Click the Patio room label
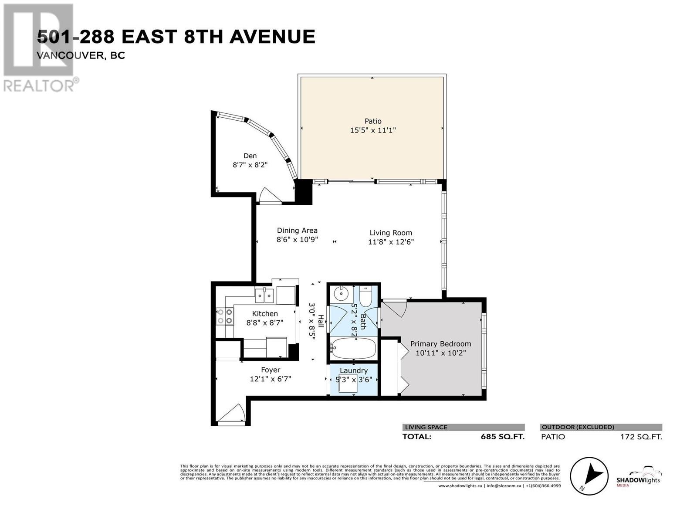pos(373,121)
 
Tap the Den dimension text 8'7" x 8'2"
pos(250,165)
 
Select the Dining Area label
pos(297,231)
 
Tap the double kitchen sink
pos(264,296)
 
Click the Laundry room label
pos(354,370)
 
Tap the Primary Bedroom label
pos(440,344)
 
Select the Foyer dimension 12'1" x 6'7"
pos(271,379)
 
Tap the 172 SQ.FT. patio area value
pos(641,437)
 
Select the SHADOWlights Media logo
pos(638,477)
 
